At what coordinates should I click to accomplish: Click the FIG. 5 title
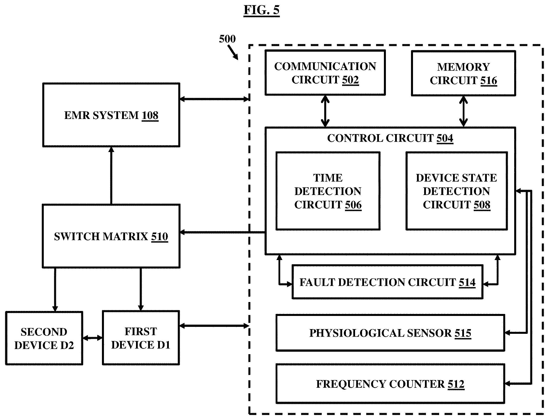tap(262, 10)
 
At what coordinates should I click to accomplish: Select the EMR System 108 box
tap(111, 115)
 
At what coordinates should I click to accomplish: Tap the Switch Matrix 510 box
tap(111, 236)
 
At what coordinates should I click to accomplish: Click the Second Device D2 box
tap(44, 338)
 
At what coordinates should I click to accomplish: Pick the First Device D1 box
tap(141, 338)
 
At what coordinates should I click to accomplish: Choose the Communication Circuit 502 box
tap(325, 73)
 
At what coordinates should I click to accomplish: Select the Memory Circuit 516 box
tap(463, 73)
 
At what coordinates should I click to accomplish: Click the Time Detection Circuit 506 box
tap(328, 191)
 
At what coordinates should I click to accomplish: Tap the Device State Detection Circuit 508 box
tap(457, 191)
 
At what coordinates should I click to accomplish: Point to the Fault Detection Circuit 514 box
tap(387, 282)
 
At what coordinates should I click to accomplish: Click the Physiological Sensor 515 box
tap(390, 333)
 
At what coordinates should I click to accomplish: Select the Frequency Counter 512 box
tap(390, 384)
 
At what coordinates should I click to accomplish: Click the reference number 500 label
tap(227, 39)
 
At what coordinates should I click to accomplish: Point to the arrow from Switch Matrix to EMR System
tap(111, 176)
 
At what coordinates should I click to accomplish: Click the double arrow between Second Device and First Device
tap(92, 338)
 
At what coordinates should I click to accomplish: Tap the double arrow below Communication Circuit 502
tap(325, 111)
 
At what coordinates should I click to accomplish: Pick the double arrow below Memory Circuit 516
tap(463, 112)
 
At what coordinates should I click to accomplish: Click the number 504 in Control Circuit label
tap(445, 138)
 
